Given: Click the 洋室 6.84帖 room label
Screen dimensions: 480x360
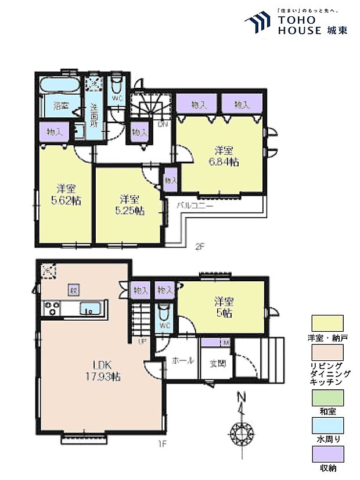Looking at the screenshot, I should pyautogui.click(x=224, y=155).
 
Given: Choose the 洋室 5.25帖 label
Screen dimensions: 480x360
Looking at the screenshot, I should pyautogui.click(x=128, y=204).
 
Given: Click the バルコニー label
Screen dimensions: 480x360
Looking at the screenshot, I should pyautogui.click(x=195, y=206).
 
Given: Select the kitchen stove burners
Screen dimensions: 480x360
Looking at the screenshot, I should pyautogui.click(x=51, y=308).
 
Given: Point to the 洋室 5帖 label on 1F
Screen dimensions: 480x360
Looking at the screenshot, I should pyautogui.click(x=224, y=307).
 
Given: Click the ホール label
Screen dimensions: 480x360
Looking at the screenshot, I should pyautogui.click(x=182, y=360).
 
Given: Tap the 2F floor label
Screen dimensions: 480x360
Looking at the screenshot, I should pyautogui.click(x=200, y=246).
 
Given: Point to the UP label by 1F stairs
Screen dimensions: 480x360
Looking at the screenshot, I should pyautogui.click(x=141, y=341).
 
